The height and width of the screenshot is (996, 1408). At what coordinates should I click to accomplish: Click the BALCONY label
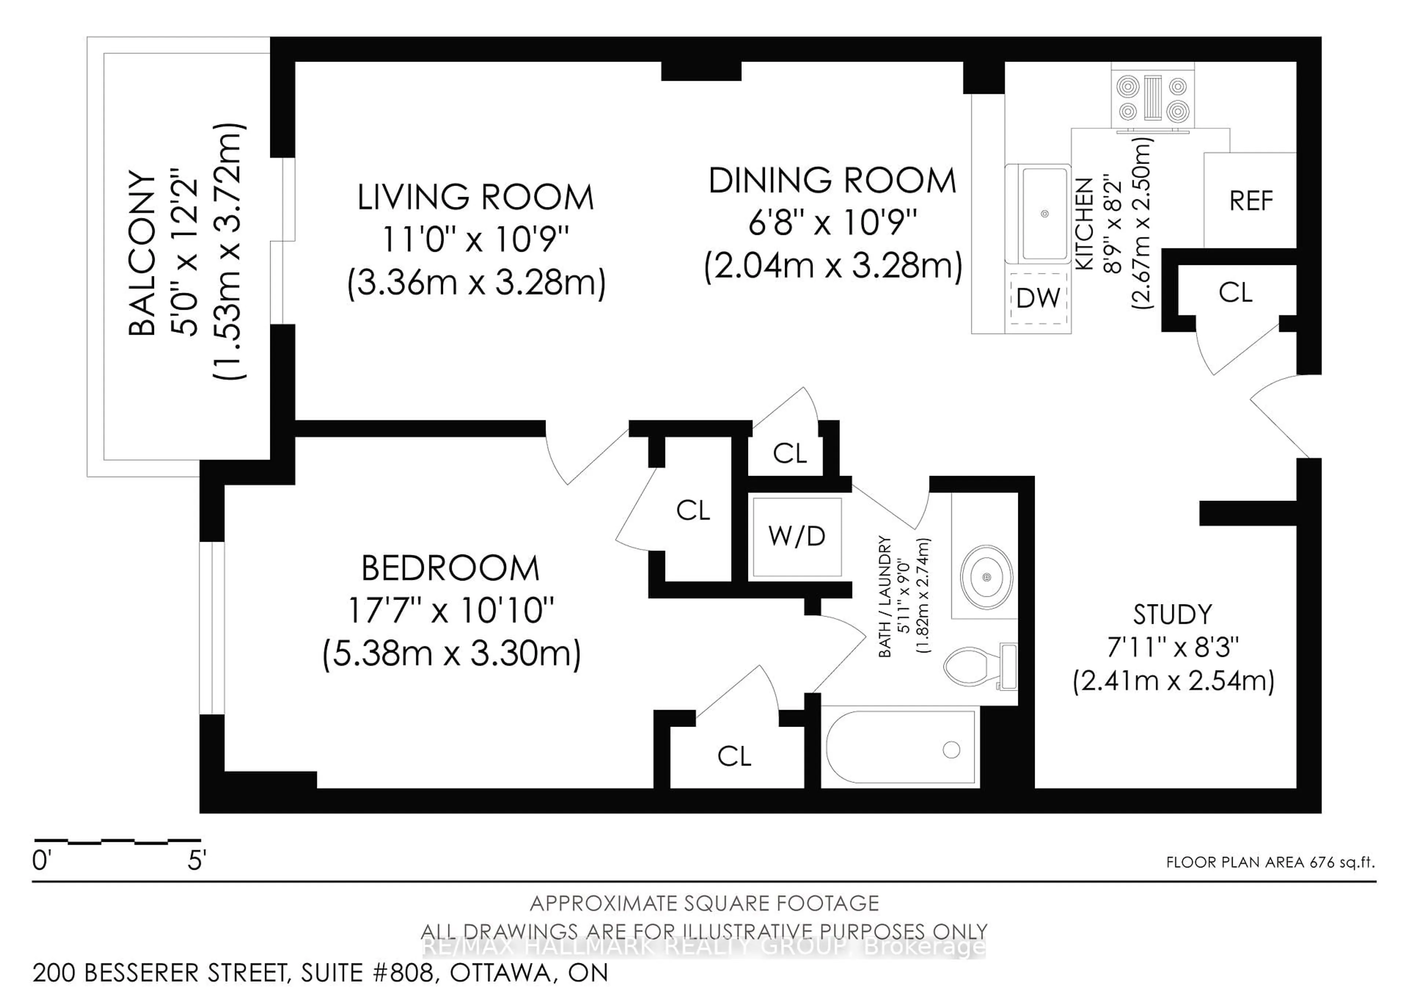click(142, 254)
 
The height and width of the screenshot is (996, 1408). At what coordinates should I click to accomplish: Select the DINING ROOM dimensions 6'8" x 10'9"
click(832, 222)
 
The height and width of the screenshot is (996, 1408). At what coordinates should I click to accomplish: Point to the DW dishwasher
click(1038, 298)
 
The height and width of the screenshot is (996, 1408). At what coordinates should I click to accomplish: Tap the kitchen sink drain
click(1044, 214)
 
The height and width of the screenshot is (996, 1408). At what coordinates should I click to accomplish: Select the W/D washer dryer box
click(797, 537)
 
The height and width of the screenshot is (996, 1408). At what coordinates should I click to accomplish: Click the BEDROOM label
click(450, 568)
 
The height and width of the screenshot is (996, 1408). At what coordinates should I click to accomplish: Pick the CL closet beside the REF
click(1235, 293)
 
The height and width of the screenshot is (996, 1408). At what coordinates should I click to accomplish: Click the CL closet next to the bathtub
click(734, 757)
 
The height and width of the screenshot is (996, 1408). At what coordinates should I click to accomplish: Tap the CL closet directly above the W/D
click(789, 454)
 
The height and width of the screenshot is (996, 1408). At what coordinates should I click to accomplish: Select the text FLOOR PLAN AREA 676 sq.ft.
click(1270, 862)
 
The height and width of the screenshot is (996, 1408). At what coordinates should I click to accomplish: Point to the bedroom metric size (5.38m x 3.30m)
click(451, 654)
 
